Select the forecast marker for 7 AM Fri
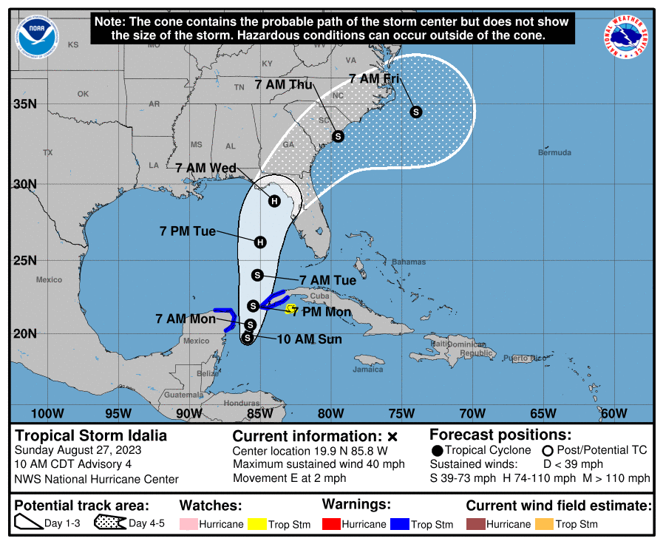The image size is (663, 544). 416,112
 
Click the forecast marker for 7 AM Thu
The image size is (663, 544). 339,136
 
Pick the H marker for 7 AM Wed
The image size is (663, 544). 274,201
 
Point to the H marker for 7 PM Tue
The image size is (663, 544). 259,242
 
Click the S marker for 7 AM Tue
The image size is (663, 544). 258,275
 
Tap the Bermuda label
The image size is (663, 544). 554,153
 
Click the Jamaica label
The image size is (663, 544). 368,369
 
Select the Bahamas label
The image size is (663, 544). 409,262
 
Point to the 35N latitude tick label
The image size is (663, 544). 24,103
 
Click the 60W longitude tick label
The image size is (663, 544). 613,413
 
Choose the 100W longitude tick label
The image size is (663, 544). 44,413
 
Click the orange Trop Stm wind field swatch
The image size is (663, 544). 545,524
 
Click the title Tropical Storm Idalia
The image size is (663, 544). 92,435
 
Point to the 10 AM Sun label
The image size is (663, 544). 310,339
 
